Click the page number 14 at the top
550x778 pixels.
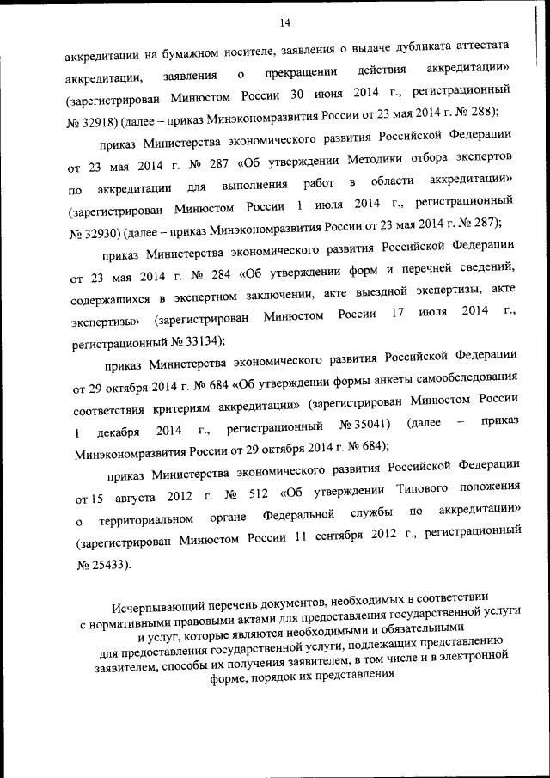(x=285, y=22)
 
